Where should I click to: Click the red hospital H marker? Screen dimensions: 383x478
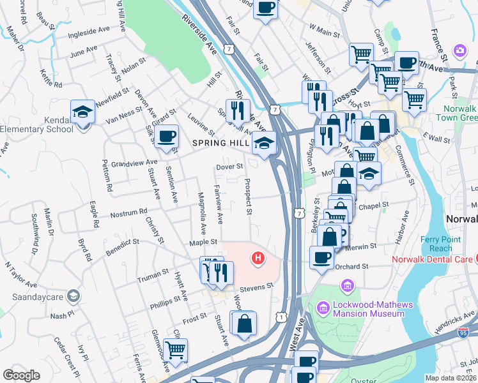[x=258, y=258]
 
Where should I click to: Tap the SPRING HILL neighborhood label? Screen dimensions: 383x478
[x=221, y=144]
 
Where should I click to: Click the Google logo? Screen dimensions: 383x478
[x=21, y=375]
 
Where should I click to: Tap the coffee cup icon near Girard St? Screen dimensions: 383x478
[x=167, y=137]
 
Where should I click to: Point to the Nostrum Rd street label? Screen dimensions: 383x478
[x=129, y=212]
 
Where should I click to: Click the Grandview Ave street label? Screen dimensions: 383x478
[x=134, y=163]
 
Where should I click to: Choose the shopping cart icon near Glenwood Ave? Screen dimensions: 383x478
[x=176, y=349]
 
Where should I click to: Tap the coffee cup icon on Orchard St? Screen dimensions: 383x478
[x=322, y=257]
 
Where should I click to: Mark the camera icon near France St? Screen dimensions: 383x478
[x=459, y=50]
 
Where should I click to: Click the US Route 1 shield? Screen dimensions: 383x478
[x=281, y=317]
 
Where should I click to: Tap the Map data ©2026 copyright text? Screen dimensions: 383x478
[x=451, y=378]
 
